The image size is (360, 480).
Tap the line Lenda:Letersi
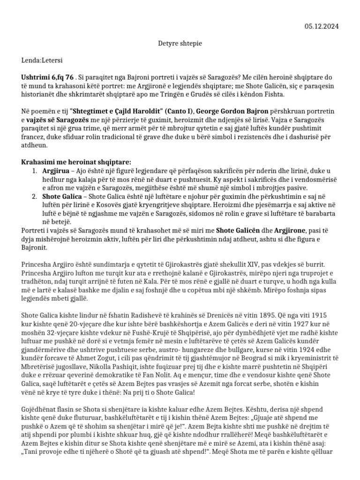coord(42,60)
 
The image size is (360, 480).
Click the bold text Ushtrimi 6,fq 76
coord(47,77)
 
